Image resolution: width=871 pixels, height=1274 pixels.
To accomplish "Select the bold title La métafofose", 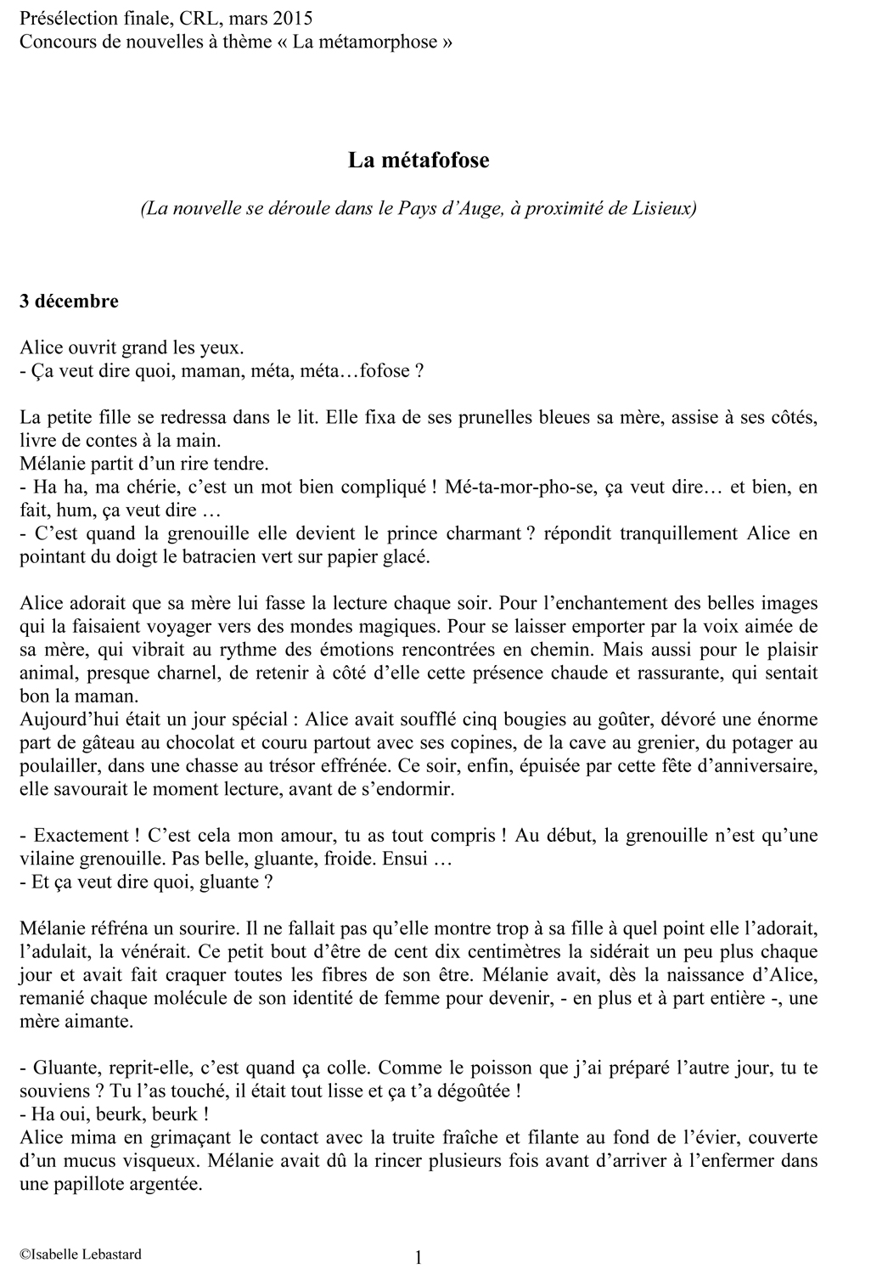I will point(419,160).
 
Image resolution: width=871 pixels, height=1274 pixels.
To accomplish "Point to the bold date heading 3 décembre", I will point(70,302).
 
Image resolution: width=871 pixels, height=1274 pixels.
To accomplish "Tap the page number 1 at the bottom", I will point(419,1257).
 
